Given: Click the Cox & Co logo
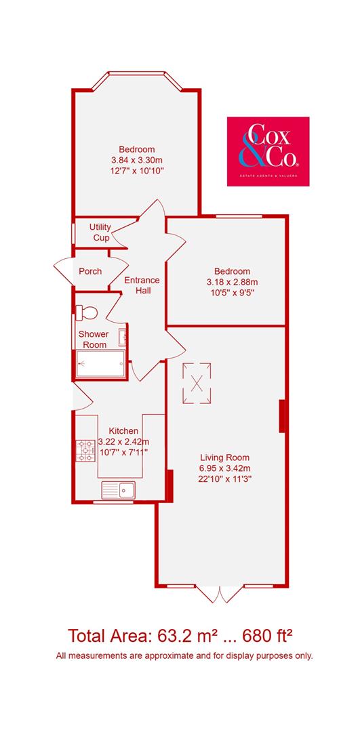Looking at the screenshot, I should (x=268, y=151).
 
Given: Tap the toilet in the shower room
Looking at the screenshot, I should (x=87, y=312).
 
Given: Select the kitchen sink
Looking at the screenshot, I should (x=119, y=489).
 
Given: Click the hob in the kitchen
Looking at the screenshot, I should (x=87, y=451).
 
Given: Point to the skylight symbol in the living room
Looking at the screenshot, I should (x=197, y=382).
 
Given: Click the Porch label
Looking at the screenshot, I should (x=90, y=271).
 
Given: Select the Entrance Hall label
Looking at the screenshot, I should (x=142, y=285).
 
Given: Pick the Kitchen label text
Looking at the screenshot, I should (x=124, y=430).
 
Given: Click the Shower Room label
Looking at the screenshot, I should (x=93, y=339).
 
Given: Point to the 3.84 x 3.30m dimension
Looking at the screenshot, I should (x=137, y=160).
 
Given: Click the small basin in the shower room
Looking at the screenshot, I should (x=122, y=337).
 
